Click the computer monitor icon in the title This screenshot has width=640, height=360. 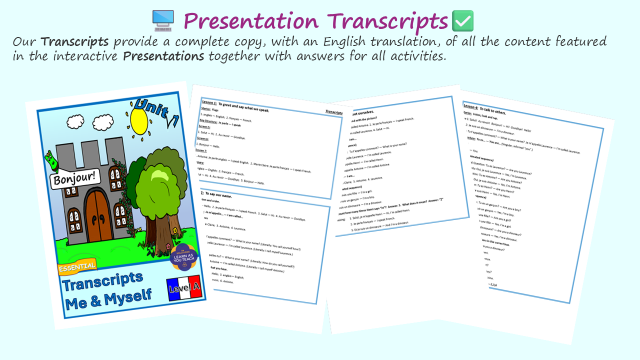[x=163, y=20]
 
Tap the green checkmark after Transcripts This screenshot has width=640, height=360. [x=462, y=21]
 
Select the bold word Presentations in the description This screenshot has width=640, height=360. [x=163, y=56]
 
